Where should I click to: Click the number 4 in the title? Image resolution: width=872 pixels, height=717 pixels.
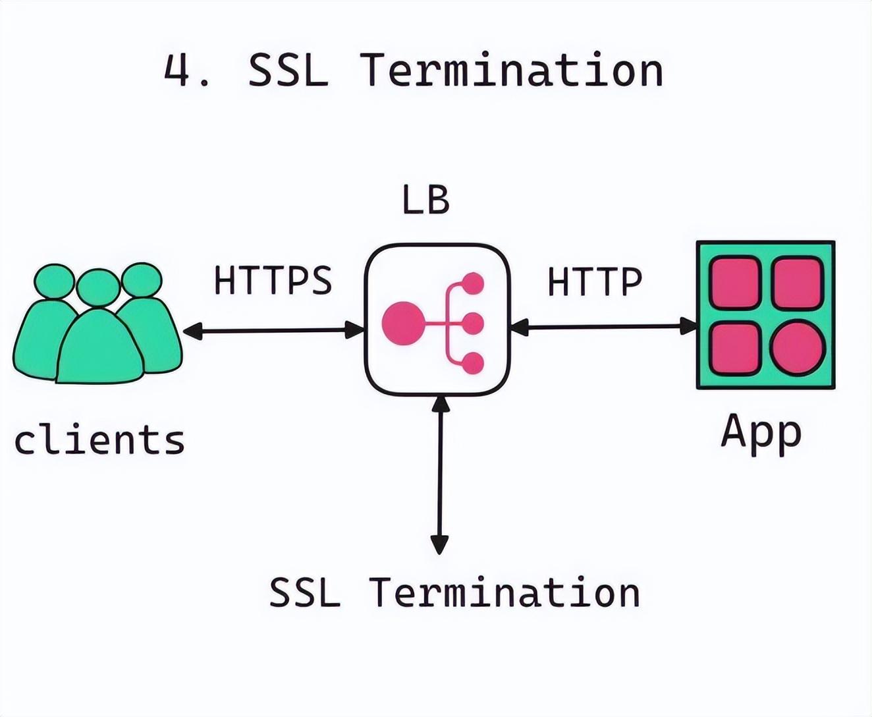tap(177, 71)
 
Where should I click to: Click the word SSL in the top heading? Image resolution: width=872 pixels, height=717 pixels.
tap(288, 71)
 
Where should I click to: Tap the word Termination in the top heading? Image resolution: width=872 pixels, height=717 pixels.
tap(512, 71)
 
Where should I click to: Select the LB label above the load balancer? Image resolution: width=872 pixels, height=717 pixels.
tap(426, 200)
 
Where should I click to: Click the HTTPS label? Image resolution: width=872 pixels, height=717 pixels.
tap(273, 280)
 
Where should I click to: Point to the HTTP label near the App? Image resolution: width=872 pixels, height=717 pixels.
tap(595, 282)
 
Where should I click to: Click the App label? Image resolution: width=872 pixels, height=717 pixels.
tap(761, 435)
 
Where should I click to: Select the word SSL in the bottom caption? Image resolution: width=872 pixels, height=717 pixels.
tap(305, 592)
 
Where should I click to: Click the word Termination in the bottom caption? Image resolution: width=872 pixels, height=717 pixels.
tap(504, 592)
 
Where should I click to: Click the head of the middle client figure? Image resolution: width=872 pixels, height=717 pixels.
tap(98, 288)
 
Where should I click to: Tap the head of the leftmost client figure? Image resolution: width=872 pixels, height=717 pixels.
tap(54, 281)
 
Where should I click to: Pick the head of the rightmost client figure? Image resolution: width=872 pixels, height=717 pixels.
tap(141, 280)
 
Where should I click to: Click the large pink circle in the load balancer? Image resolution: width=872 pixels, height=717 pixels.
tap(403, 323)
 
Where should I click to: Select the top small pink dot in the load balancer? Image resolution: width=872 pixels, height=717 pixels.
tap(473, 283)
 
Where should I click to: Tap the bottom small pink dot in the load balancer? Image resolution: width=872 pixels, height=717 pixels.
tap(473, 363)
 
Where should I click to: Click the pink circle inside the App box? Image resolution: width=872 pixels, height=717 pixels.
tap(798, 347)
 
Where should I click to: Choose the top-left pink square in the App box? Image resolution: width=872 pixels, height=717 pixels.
tap(736, 282)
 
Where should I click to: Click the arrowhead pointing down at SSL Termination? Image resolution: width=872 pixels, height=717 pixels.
tap(439, 544)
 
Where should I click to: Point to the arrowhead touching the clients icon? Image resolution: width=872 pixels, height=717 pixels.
tap(193, 331)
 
